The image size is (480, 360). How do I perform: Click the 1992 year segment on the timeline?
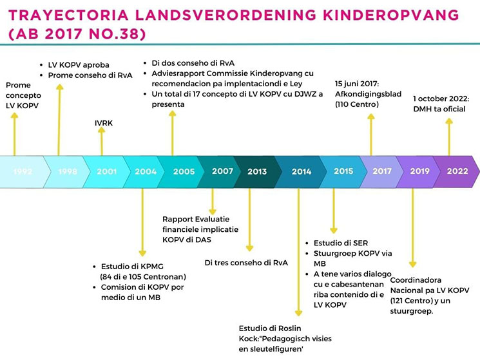coord(23,172)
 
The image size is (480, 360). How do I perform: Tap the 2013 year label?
coord(257,171)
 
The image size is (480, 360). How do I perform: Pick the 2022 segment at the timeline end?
coord(457,171)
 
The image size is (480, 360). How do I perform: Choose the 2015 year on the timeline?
coord(343,171)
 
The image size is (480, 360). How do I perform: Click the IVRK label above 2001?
coord(104,123)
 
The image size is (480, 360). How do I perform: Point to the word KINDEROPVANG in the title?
coord(391,15)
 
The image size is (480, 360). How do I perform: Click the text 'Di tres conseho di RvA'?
coord(246,263)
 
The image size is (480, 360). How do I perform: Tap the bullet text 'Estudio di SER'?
coord(341,243)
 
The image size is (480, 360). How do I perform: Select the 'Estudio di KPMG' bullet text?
coord(132,267)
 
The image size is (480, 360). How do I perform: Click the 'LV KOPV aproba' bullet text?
coord(79,65)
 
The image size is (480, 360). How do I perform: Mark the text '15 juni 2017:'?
coord(357,84)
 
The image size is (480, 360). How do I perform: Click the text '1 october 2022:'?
coord(441,99)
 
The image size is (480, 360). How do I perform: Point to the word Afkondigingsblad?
coord(369,94)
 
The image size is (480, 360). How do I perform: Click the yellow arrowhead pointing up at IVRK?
coord(102,130)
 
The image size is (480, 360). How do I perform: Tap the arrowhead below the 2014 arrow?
coord(298,313)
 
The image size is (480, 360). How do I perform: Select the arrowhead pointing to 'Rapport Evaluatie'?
coord(213,212)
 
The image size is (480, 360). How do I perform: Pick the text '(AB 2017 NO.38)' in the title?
coord(77,33)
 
